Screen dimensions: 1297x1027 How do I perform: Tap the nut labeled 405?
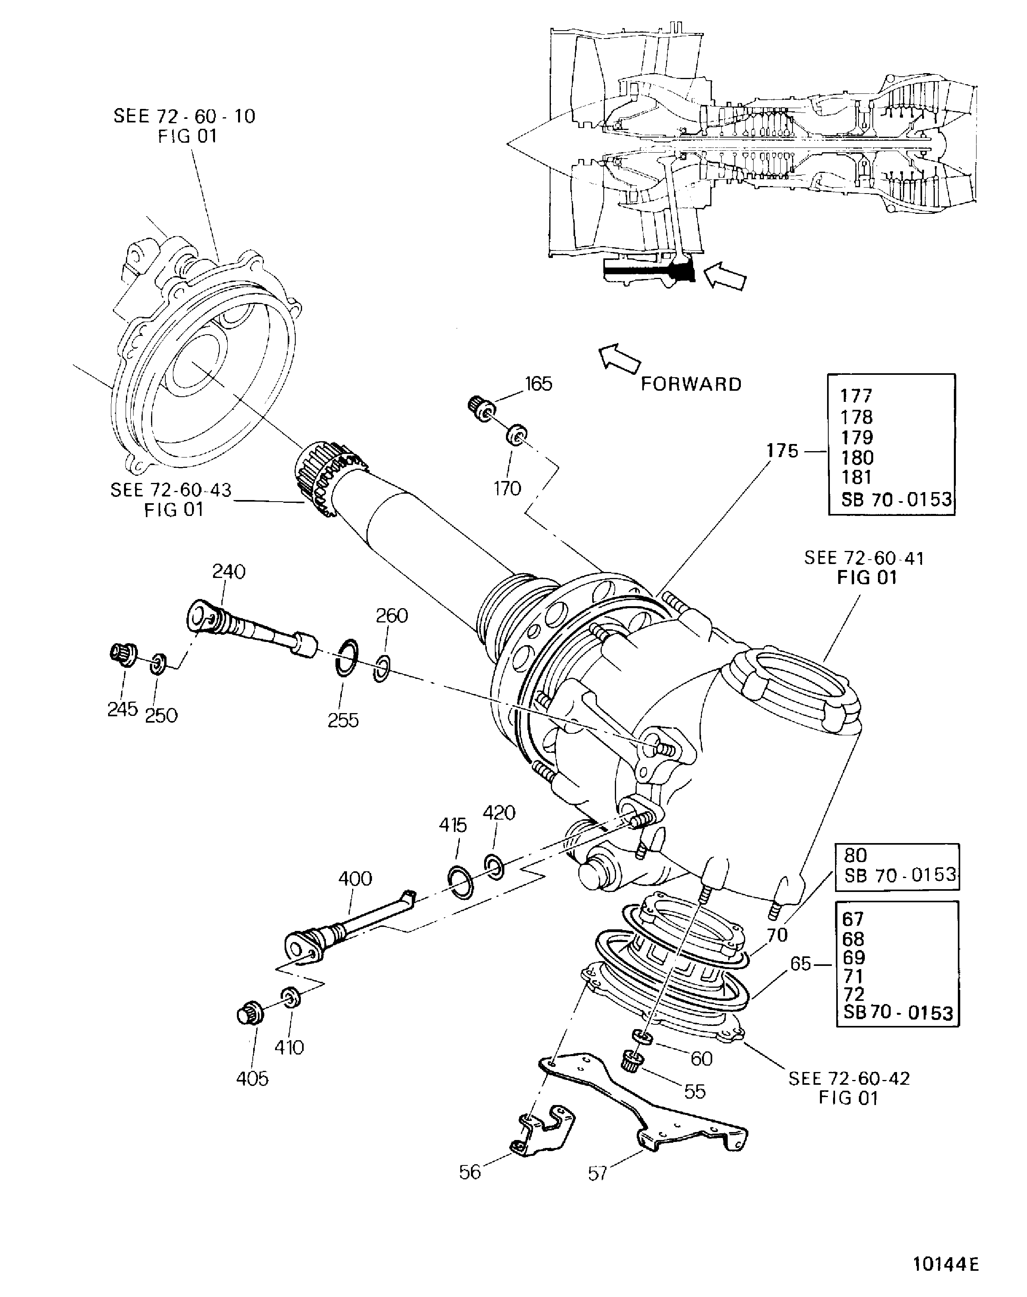(x=248, y=1015)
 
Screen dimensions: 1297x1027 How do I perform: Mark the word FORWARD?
(x=691, y=384)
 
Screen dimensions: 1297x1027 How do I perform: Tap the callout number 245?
(x=123, y=709)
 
